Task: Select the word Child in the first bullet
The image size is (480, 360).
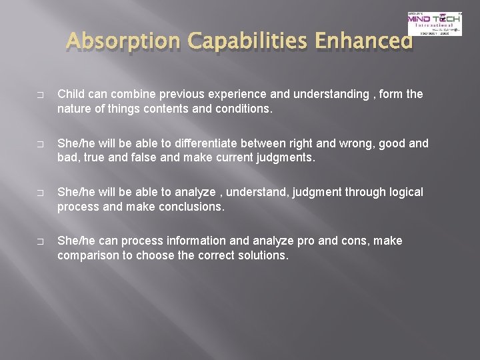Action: point(71,94)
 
